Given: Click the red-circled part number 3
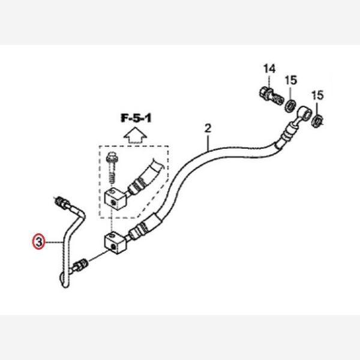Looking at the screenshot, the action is [38, 242].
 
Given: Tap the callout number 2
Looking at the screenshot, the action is [208, 128].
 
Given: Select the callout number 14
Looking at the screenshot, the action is [269, 68].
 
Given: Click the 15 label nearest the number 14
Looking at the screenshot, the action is [291, 80].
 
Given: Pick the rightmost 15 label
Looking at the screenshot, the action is [317, 95].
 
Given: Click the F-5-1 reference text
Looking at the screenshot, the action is [136, 118].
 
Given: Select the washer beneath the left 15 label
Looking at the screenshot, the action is [290, 106].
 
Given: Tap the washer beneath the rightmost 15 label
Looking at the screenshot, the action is [317, 121].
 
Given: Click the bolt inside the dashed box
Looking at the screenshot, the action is [111, 167].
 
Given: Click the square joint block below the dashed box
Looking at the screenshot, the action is [115, 243].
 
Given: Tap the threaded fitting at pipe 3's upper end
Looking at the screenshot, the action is [61, 202].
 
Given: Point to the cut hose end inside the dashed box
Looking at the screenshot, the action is [158, 164].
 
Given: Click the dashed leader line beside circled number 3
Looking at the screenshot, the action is [54, 242].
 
